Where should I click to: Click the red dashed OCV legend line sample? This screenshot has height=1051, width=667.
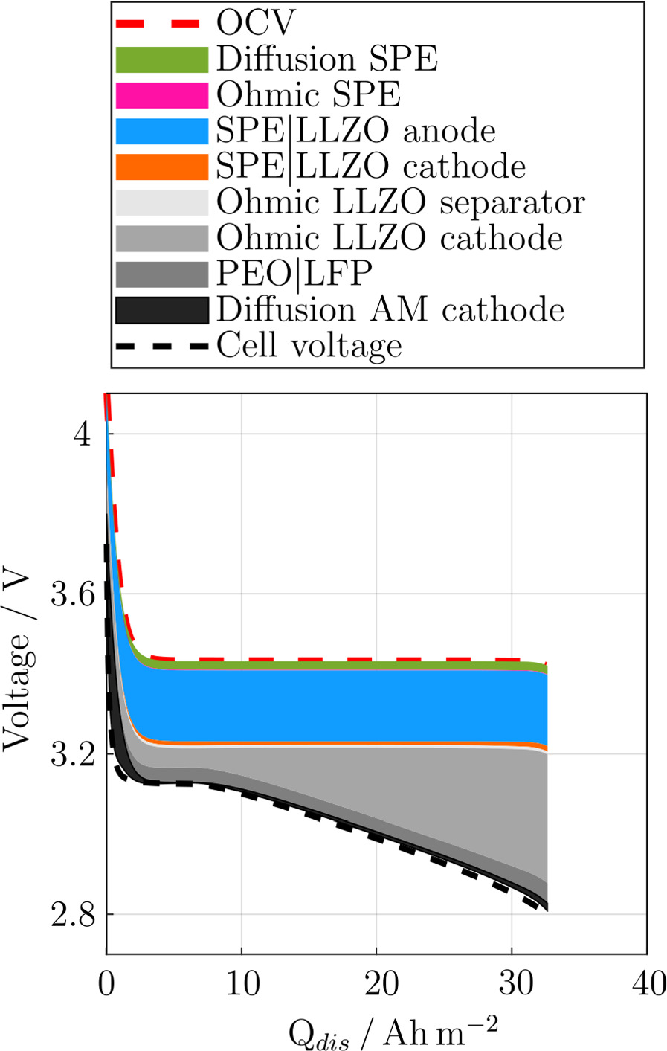point(161,24)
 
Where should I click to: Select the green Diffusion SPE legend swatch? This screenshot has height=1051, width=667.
point(161,60)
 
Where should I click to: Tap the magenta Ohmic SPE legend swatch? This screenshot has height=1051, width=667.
point(161,95)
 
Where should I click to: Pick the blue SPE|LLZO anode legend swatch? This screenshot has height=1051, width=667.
point(161,131)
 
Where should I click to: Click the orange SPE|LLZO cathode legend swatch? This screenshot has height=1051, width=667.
point(161,167)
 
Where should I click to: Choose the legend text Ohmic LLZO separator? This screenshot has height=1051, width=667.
point(400,202)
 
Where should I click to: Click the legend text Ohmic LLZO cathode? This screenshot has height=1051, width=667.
point(389,238)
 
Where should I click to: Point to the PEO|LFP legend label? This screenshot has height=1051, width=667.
point(294,274)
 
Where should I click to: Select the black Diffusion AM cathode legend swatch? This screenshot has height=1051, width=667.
point(161,309)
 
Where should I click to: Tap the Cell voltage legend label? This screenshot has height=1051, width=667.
point(309,346)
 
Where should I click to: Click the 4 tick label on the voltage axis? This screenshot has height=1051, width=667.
point(82,434)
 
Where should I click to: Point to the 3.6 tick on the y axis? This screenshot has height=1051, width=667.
point(71,594)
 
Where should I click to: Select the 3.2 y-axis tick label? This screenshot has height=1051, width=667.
point(71,754)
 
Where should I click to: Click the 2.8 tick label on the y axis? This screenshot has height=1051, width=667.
point(71,914)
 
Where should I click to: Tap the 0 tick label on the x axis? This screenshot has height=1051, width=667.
point(107,984)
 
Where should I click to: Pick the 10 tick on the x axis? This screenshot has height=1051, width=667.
point(242,984)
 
